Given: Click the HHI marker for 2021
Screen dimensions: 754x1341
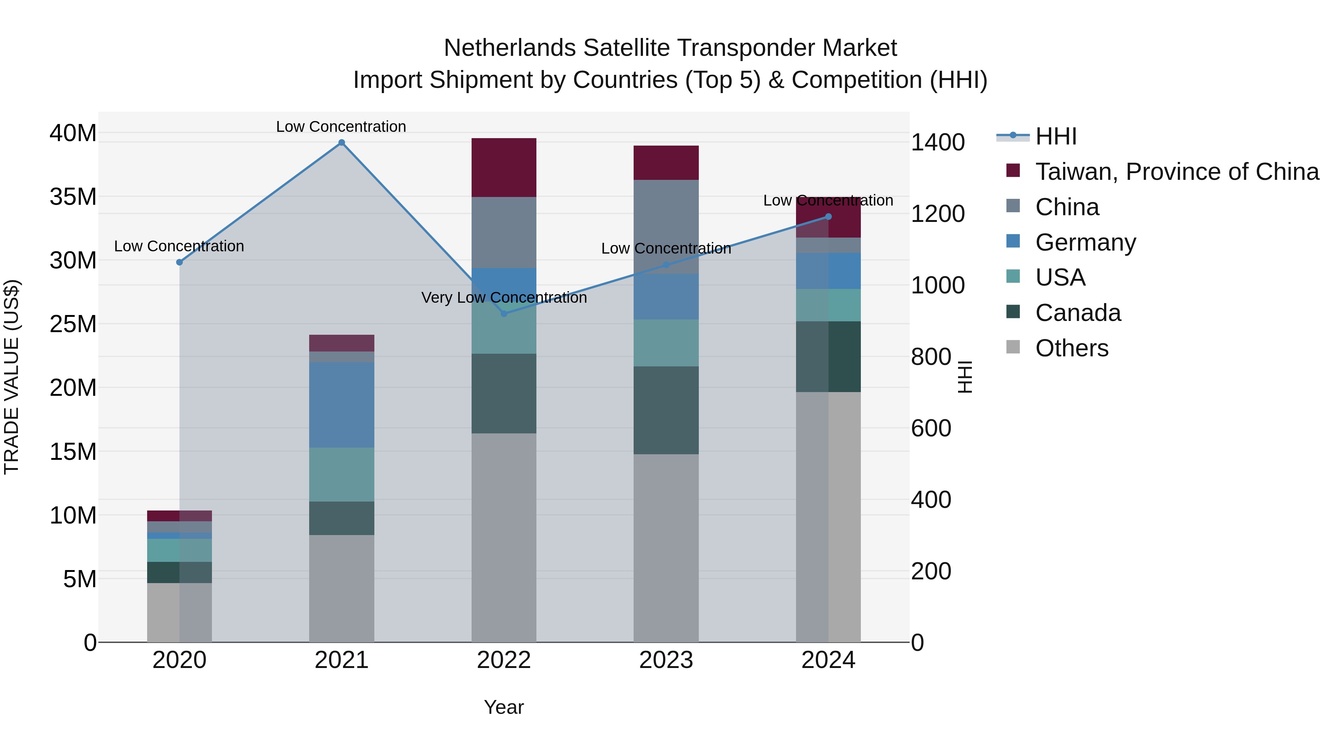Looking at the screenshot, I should (342, 143).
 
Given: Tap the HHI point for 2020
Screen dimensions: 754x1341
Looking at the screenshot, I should (180, 262).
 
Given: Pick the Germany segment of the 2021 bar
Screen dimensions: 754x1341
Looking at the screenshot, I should (342, 405).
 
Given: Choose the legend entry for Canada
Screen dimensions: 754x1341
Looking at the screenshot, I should (1078, 313).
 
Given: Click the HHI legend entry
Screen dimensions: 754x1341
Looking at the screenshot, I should (1055, 136).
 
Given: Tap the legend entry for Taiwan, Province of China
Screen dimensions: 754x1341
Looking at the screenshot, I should (1176, 172).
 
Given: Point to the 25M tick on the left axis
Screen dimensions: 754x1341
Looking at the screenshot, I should (73, 324).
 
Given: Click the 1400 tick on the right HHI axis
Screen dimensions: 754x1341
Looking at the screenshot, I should (938, 143).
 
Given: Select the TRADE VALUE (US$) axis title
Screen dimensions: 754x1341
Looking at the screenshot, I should (12, 377).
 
